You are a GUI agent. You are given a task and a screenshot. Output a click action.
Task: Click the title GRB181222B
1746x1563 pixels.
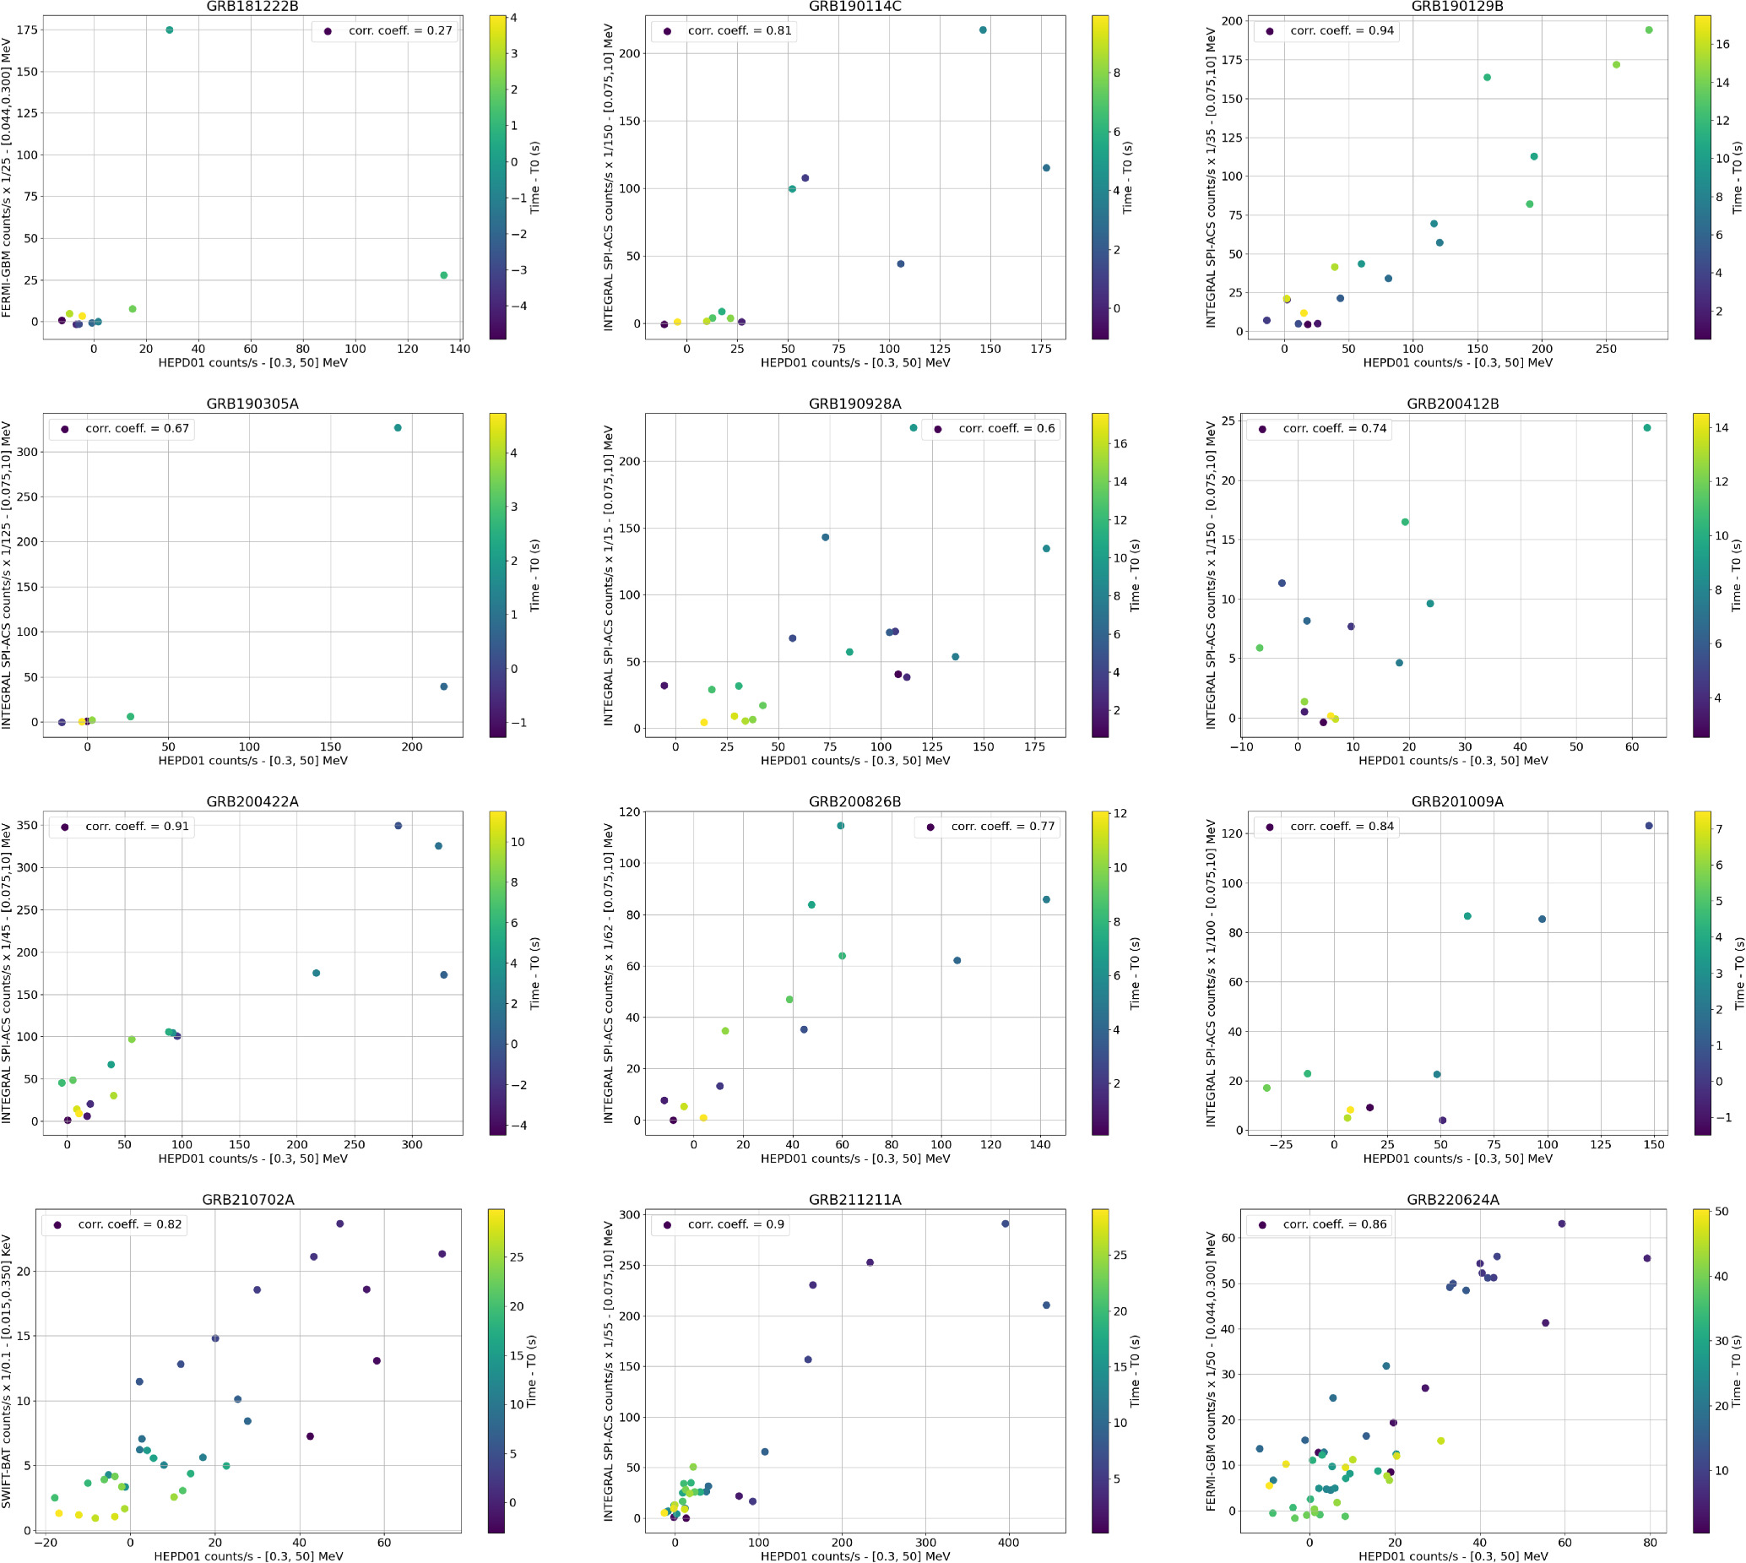(x=252, y=7)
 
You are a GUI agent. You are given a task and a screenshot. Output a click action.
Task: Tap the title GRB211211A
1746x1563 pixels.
(x=854, y=1200)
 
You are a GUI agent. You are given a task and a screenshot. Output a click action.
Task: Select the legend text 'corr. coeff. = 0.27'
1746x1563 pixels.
(x=400, y=31)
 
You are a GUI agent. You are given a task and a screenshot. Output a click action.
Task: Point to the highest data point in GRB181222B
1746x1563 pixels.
(x=169, y=30)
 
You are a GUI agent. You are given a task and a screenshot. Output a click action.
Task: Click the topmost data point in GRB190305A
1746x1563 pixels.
(x=398, y=427)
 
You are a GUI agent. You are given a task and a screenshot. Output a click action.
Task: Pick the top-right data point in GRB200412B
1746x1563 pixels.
(x=1647, y=427)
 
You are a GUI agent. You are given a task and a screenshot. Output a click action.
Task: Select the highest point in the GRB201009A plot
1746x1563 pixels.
(x=1649, y=826)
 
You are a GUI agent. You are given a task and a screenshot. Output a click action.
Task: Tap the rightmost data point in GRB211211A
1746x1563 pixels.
(x=1046, y=1305)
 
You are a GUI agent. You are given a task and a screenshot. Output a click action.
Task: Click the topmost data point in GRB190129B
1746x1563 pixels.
(x=1649, y=30)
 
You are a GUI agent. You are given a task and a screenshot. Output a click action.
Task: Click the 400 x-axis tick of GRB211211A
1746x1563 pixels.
(x=1009, y=1543)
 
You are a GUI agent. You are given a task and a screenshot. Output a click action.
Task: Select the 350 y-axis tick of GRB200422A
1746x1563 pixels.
(x=28, y=826)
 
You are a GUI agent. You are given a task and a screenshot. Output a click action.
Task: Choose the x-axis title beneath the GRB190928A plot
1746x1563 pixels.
(x=854, y=760)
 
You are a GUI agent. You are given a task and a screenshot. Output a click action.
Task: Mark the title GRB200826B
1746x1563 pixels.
(x=854, y=802)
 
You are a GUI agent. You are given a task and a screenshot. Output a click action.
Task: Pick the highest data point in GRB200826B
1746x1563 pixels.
(x=841, y=826)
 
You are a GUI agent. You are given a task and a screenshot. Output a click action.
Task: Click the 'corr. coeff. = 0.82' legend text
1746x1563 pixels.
(x=130, y=1224)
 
